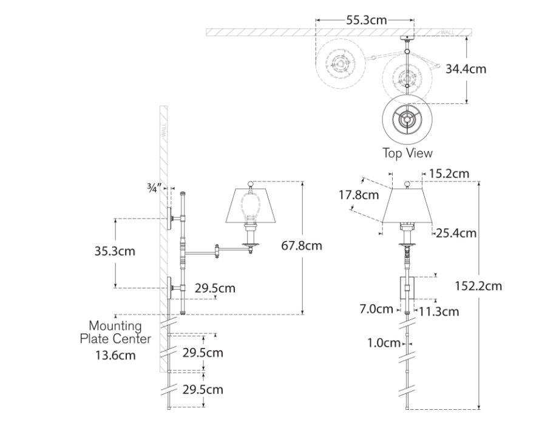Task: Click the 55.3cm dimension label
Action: pyautogui.click(x=366, y=20)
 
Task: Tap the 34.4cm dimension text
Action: pyautogui.click(x=465, y=69)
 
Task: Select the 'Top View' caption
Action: pyautogui.click(x=407, y=153)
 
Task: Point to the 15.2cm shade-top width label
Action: pyautogui.click(x=449, y=173)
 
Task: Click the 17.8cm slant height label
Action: pyautogui.click(x=359, y=195)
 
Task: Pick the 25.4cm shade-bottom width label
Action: pyautogui.click(x=456, y=233)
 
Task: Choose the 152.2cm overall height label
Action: pyautogui.click(x=478, y=286)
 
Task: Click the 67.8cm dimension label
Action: pyautogui.click(x=302, y=245)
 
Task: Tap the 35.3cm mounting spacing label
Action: pyautogui.click(x=115, y=251)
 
